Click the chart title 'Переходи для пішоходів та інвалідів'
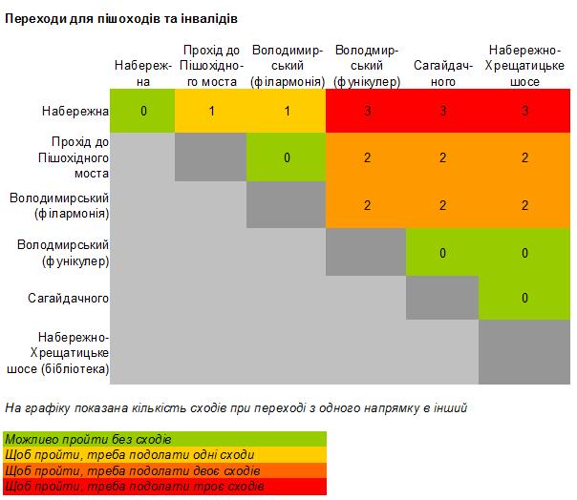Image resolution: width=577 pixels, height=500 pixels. tap(121, 18)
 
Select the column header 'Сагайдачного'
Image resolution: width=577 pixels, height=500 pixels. tap(443, 73)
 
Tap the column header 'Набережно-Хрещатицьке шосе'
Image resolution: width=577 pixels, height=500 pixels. tap(524, 66)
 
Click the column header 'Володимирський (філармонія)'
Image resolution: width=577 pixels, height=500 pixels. tap(288, 66)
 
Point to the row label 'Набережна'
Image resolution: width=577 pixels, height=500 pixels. tap(75, 111)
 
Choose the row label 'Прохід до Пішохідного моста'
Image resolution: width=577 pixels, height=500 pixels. tap(74, 157)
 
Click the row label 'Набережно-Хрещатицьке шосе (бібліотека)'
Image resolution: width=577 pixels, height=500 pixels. tap(58, 352)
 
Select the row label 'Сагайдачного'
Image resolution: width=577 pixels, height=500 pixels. tap(68, 298)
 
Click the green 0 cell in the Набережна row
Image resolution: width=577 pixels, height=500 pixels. tap(142, 111)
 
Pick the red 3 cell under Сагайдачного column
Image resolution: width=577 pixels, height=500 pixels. tap(442, 111)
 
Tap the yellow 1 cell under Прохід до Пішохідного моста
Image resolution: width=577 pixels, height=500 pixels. tap(211, 111)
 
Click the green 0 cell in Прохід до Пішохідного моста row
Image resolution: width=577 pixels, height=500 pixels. tap(287, 157)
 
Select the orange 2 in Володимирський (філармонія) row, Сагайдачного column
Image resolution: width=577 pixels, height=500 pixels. tap(442, 205)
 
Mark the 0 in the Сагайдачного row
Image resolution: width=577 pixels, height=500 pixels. tap(524, 298)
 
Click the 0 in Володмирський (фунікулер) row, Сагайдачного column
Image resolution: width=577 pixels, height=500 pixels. tap(442, 253)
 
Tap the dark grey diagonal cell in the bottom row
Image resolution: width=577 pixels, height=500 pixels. tap(524, 352)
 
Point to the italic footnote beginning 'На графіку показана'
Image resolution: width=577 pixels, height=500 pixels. tap(236, 408)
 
